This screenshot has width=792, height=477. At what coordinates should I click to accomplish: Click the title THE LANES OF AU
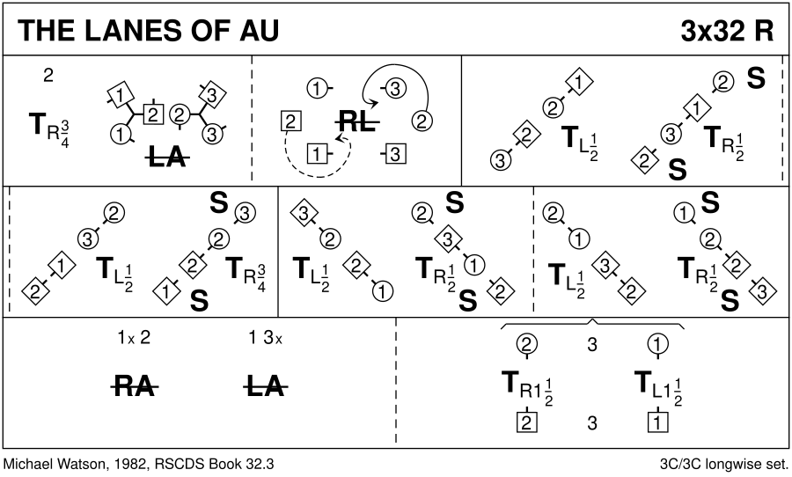(147, 32)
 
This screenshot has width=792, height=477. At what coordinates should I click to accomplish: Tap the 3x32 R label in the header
(727, 32)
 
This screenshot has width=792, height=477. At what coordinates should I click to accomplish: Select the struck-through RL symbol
(357, 123)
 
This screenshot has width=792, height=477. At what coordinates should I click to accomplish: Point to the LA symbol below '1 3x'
(265, 385)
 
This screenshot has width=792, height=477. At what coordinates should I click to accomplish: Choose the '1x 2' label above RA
(136, 337)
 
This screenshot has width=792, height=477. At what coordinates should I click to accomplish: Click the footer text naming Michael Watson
(144, 463)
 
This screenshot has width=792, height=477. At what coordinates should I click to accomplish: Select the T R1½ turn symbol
(526, 385)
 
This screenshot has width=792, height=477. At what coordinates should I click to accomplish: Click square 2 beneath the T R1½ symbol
(527, 423)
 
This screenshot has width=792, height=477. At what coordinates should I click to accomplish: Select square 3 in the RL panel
(396, 155)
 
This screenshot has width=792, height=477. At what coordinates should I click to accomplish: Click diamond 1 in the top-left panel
(121, 92)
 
